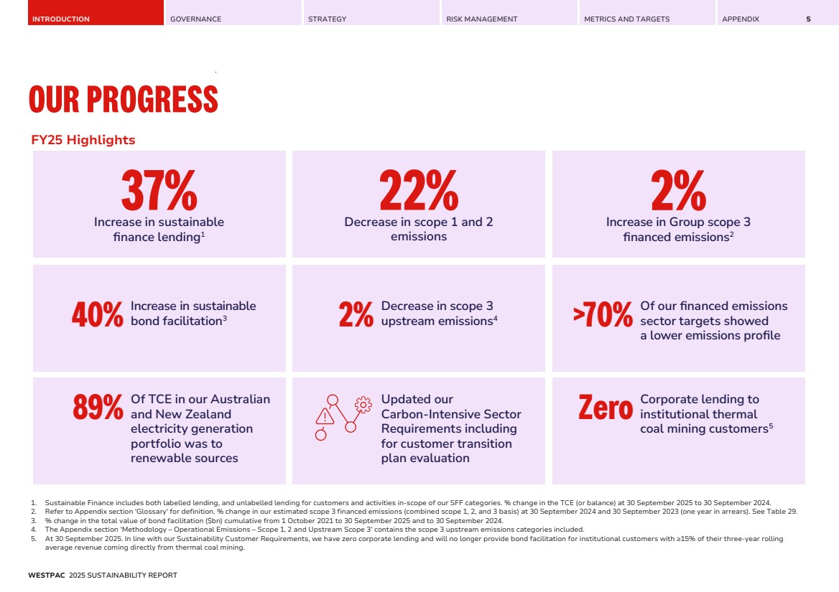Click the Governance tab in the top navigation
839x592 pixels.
[195, 19]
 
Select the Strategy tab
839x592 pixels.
[327, 19]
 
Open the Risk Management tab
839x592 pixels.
[481, 19]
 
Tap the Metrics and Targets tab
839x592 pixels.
[626, 19]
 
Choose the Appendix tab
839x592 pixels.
[740, 19]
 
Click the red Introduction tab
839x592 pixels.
[61, 19]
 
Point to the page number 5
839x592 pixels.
[808, 19]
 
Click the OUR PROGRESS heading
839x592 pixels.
[123, 99]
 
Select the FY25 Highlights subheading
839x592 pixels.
[83, 140]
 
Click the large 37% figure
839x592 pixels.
[159, 189]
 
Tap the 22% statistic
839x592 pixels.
[418, 189]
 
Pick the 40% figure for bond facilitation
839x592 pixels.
[98, 315]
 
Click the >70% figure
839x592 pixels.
[603, 315]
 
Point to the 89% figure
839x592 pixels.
[98, 408]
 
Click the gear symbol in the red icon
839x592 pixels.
[363, 404]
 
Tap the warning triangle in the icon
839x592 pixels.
[325, 416]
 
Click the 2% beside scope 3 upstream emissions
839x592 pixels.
[356, 315]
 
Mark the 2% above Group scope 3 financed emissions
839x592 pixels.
[678, 189]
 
